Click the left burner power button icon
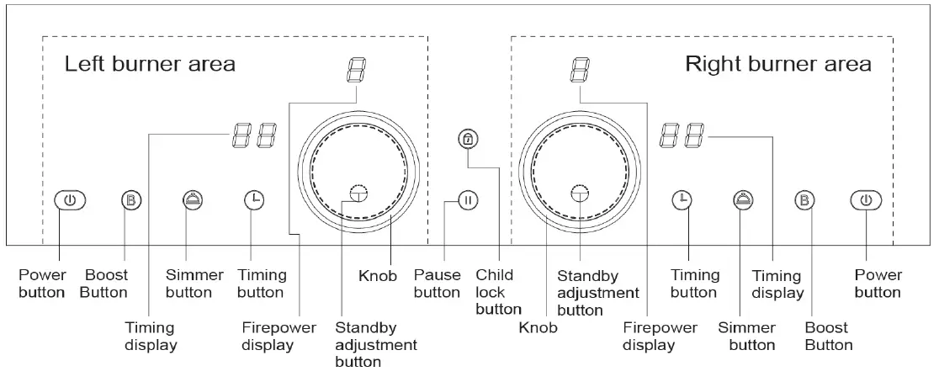click(x=70, y=200)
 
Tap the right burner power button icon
click(x=867, y=200)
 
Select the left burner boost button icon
click(x=132, y=200)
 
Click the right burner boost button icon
click(x=805, y=200)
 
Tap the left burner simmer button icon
click(x=193, y=200)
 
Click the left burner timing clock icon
click(x=254, y=200)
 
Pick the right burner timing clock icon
click(x=682, y=200)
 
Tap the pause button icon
click(x=469, y=200)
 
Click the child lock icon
click(x=469, y=139)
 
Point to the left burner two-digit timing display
click(x=255, y=135)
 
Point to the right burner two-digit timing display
click(x=682, y=135)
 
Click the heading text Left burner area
click(x=151, y=64)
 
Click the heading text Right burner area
click(x=778, y=64)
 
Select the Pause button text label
click(x=438, y=284)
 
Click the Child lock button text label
click(x=498, y=292)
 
